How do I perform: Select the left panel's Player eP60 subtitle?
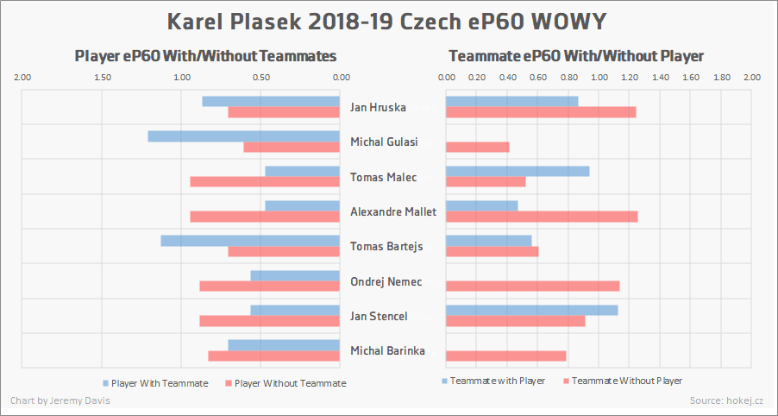(x=205, y=56)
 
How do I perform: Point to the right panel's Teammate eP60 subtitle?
(x=576, y=56)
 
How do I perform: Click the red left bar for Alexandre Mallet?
(x=265, y=217)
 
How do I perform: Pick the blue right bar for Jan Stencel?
(x=531, y=310)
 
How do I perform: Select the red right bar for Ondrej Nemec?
(x=532, y=287)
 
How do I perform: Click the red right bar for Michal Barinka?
(x=505, y=356)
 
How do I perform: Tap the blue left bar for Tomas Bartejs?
(x=250, y=240)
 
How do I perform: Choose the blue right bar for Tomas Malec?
(x=518, y=171)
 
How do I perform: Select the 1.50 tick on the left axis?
(x=103, y=78)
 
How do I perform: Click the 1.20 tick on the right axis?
(x=630, y=78)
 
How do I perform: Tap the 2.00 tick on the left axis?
(x=23, y=78)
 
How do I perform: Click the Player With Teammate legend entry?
(x=155, y=383)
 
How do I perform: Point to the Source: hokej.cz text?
(x=727, y=400)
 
